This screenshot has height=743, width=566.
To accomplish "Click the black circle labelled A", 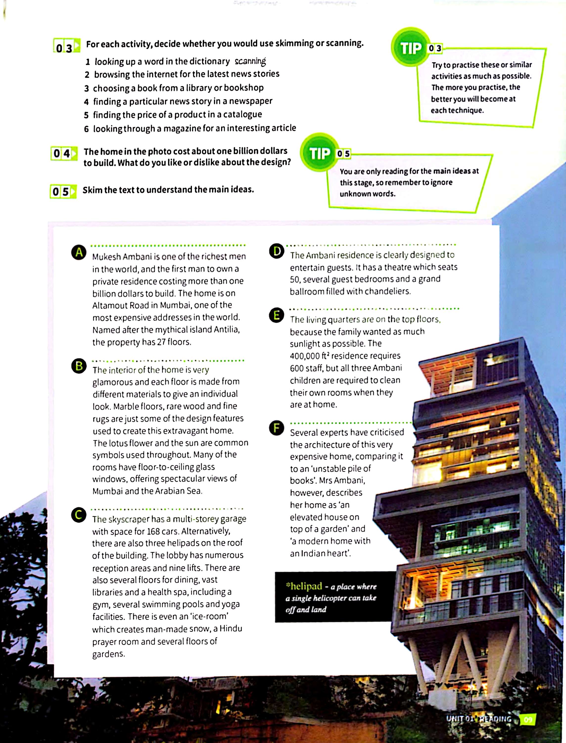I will click(79, 253).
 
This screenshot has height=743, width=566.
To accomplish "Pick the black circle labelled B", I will click(79, 366).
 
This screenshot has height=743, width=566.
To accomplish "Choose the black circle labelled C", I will click(78, 515).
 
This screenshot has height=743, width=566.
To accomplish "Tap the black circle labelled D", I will click(277, 251).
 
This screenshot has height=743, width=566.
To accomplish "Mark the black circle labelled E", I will click(277, 315).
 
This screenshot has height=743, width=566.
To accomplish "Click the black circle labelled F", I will click(277, 428).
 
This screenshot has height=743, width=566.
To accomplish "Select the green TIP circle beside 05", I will click(319, 154).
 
